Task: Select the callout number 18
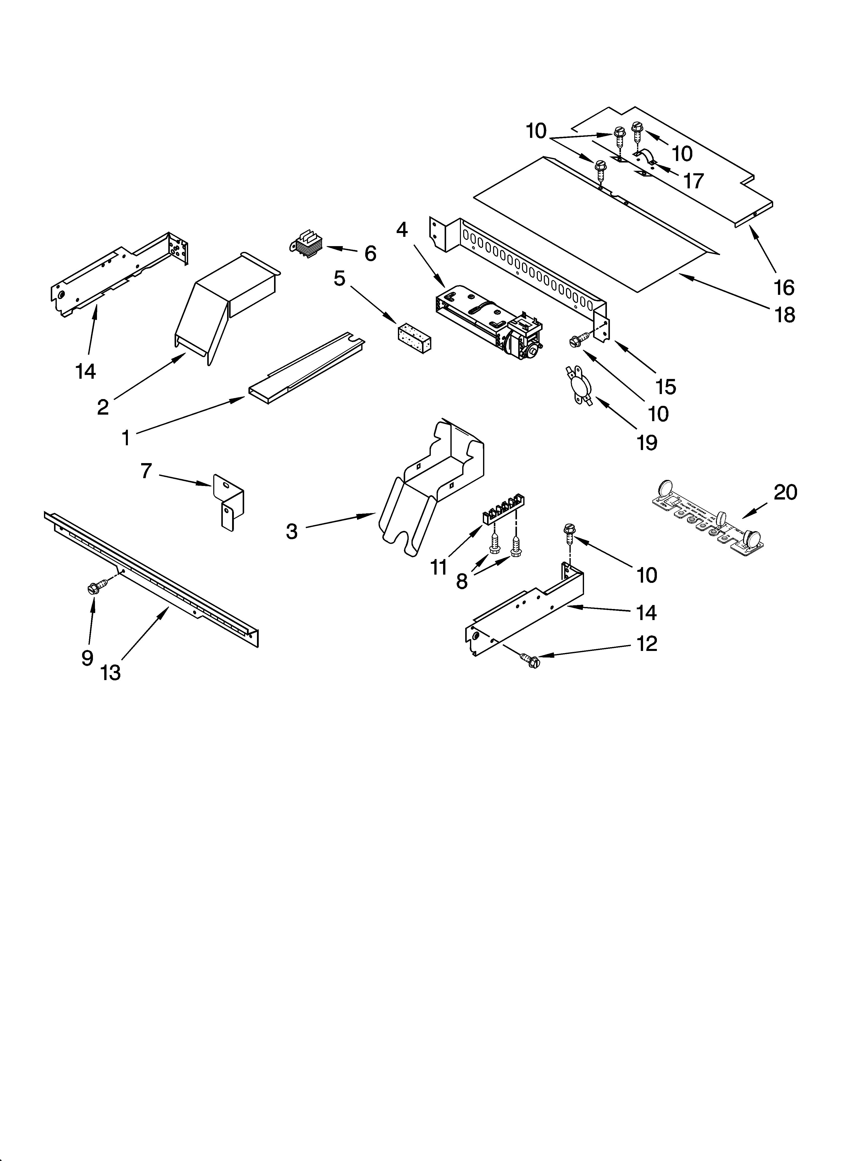point(785,315)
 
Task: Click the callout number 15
point(666,387)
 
